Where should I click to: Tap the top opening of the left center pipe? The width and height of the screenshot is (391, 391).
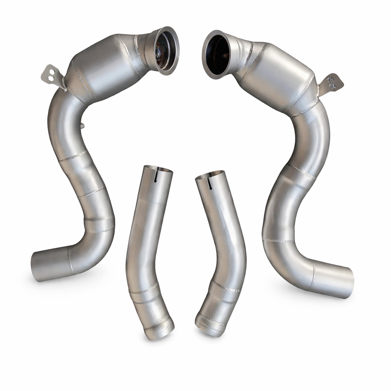(158, 169)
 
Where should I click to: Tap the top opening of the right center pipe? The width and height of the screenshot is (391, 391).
(210, 175)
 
